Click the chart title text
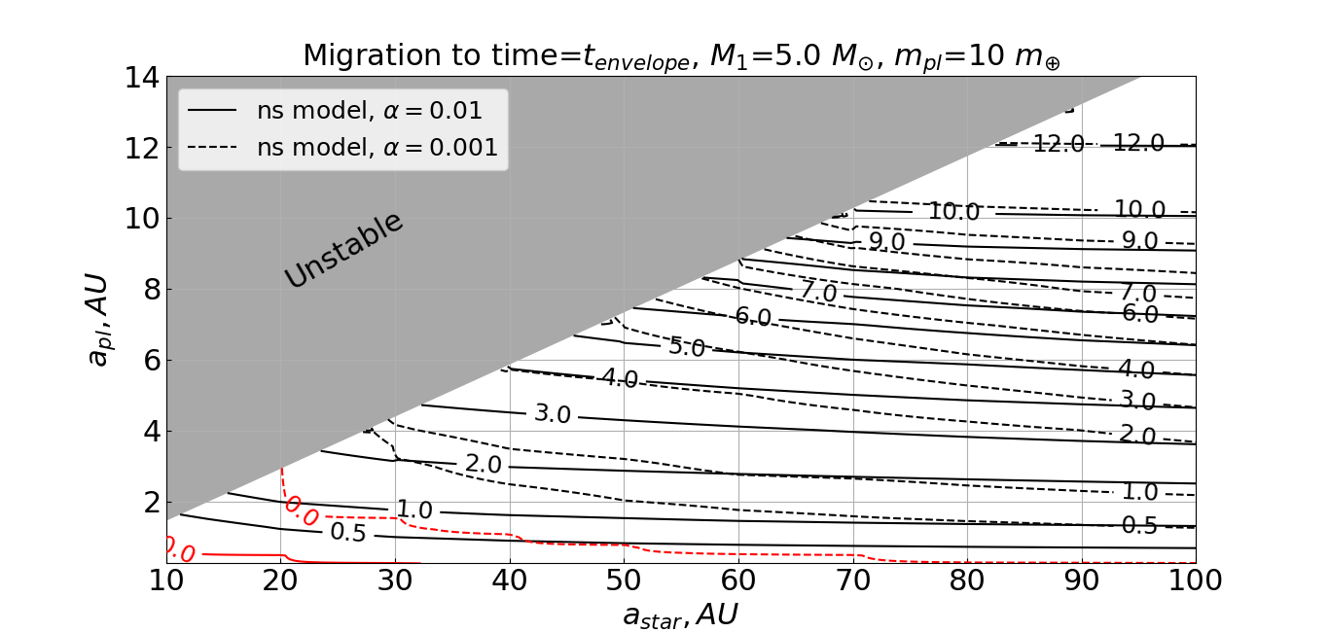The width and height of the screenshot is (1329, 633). (x=681, y=56)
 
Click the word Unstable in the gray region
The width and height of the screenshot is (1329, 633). (x=343, y=249)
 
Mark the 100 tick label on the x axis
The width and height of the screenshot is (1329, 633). (x=1195, y=580)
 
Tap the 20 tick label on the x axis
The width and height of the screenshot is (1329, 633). (x=280, y=580)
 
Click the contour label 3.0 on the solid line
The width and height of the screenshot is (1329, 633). (x=552, y=413)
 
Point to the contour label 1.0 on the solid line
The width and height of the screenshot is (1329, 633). (x=413, y=510)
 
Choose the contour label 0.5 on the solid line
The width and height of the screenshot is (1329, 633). (x=347, y=532)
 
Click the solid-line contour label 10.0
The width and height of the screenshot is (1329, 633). (x=953, y=211)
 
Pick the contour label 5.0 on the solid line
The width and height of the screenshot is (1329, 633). (x=687, y=347)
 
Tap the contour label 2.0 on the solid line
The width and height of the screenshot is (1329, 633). (x=483, y=464)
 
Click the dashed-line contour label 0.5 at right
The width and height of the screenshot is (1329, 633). (x=1139, y=525)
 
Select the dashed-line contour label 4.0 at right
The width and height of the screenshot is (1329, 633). (x=1135, y=369)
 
